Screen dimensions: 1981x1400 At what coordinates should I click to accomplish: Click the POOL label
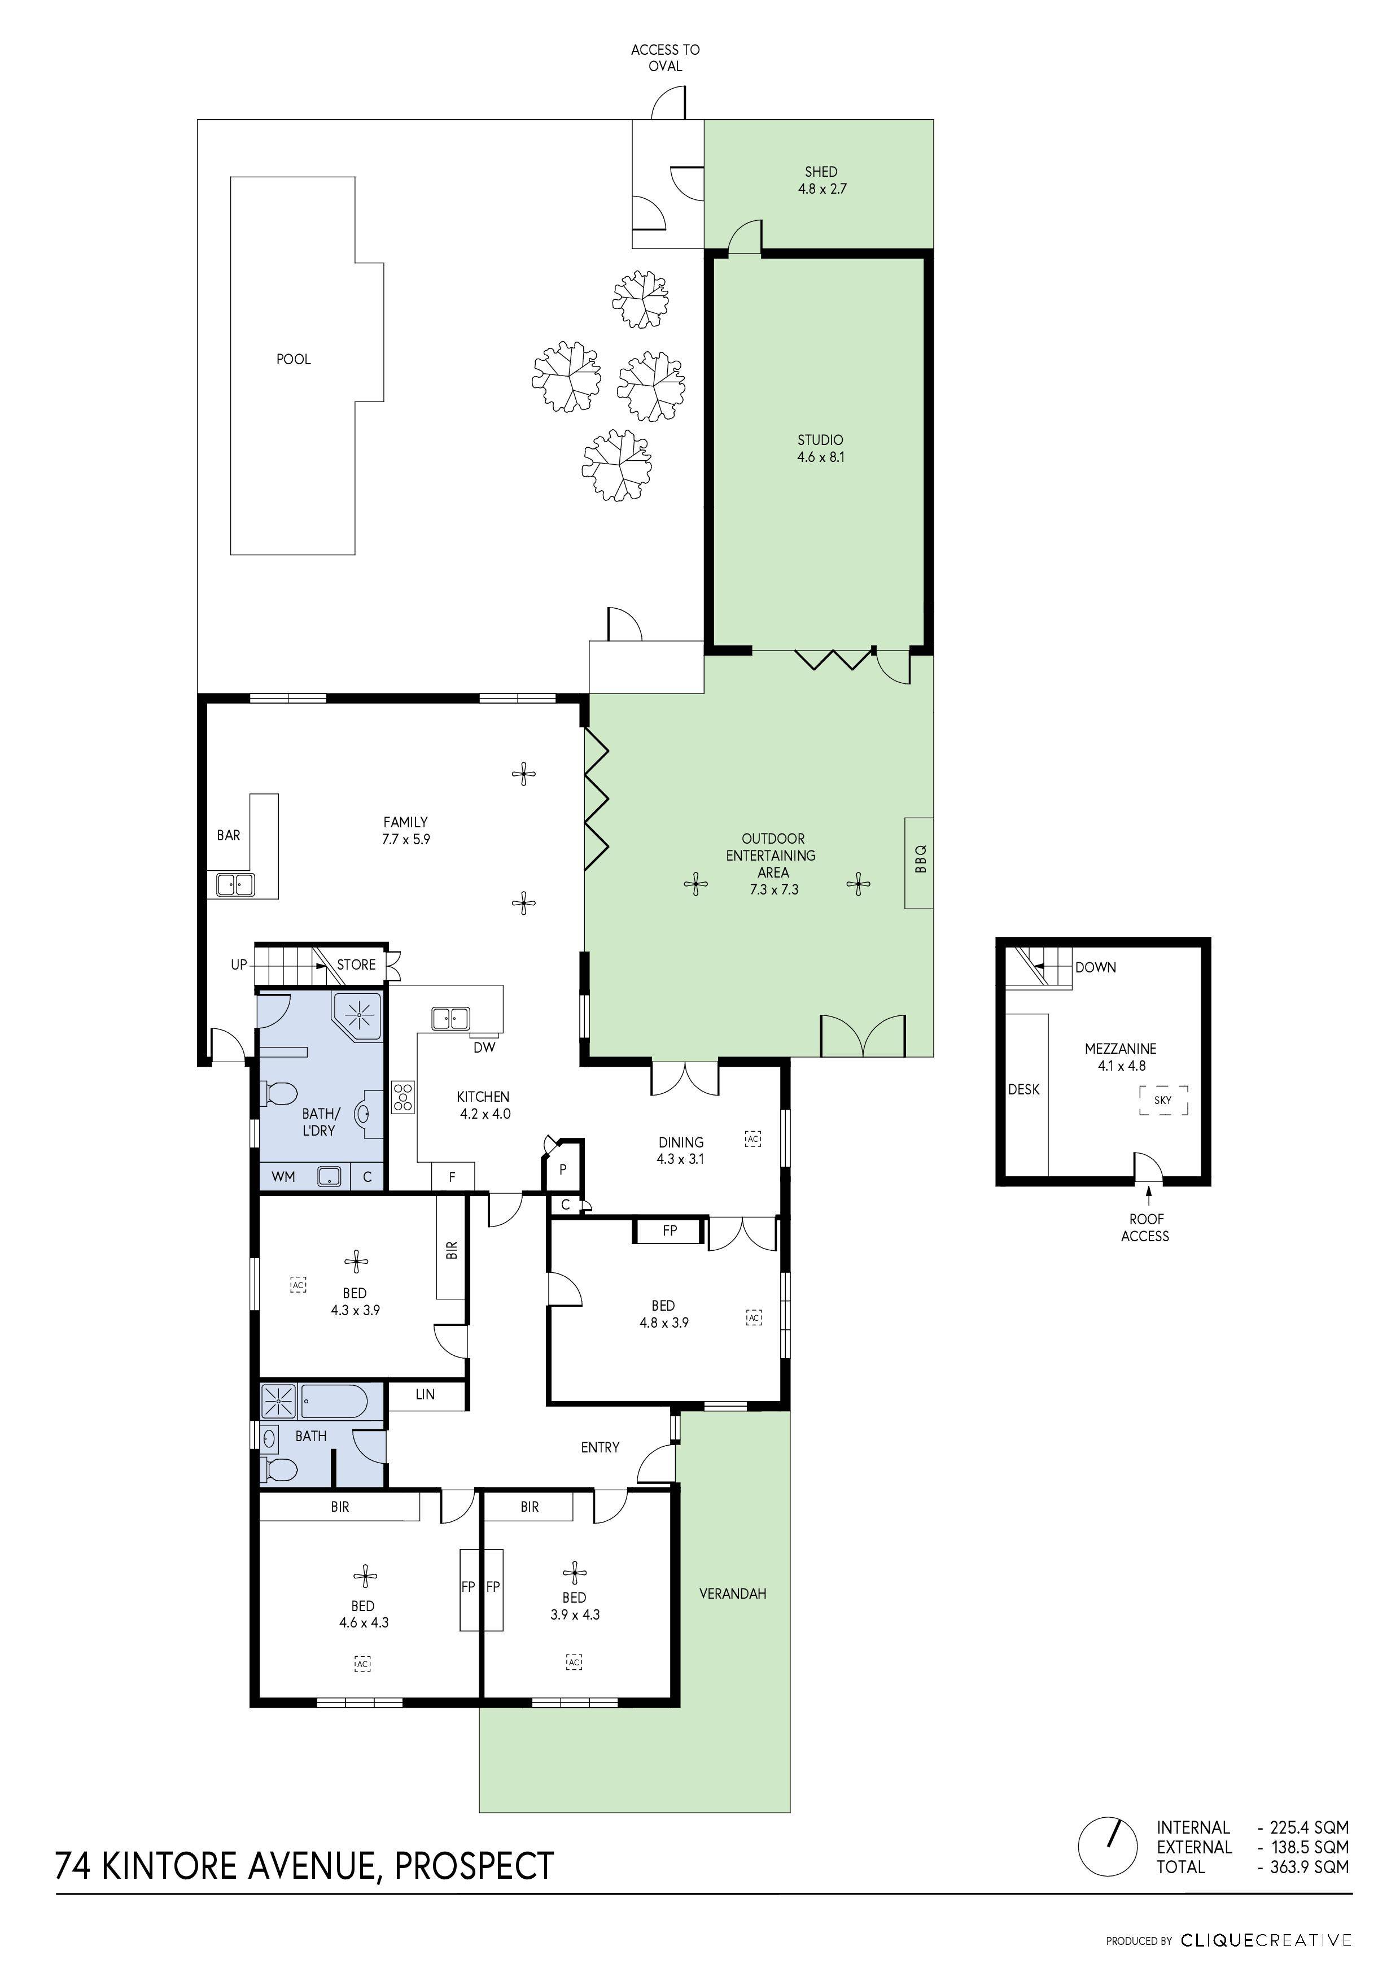294,359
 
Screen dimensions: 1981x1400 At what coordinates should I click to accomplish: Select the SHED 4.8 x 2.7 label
821,180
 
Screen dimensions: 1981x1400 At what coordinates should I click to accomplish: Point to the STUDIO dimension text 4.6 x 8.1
820,457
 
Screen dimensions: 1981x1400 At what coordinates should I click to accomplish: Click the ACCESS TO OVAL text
665,58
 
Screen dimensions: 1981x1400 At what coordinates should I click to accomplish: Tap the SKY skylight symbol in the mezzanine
1163,1100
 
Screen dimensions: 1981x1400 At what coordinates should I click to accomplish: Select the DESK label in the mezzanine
1024,1090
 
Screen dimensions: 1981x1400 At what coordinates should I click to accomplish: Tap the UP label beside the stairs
239,965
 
